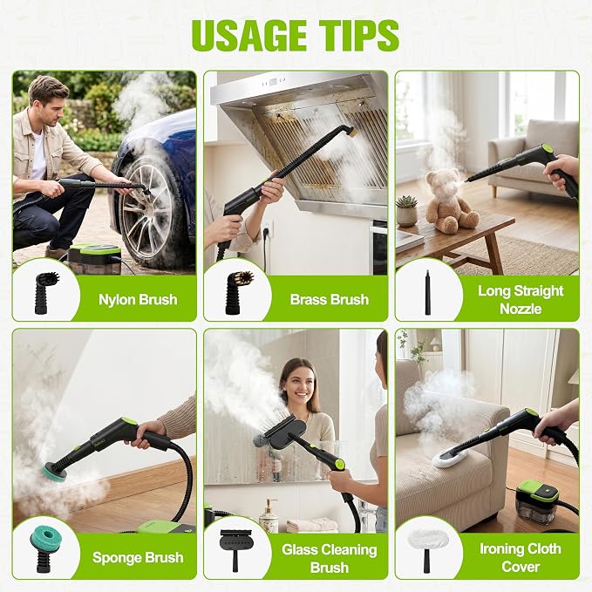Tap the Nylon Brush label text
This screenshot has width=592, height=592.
(x=138, y=299)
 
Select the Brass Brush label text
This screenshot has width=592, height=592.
(x=330, y=299)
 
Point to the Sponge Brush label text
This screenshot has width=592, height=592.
(x=138, y=558)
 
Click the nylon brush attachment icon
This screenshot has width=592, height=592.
(x=46, y=293)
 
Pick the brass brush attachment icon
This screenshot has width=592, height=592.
(x=238, y=292)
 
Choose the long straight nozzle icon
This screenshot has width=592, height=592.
(x=428, y=292)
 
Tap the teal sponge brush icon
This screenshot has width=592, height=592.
(x=46, y=548)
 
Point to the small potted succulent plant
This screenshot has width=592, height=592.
(x=406, y=211)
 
